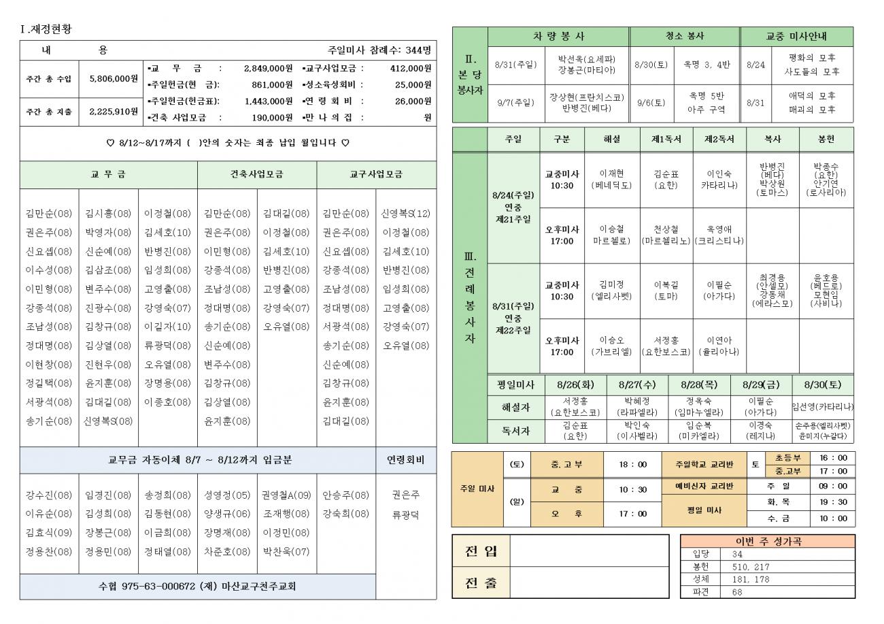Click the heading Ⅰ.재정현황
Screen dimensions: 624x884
tap(47, 29)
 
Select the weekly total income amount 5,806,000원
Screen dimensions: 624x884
tap(114, 79)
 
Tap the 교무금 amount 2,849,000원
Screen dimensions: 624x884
tap(267, 68)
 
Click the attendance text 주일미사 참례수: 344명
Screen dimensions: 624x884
tap(379, 50)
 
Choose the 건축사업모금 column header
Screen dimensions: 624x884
tap(257, 175)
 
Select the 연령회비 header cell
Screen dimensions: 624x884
tap(406, 460)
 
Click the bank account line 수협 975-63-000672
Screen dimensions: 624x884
tap(197, 587)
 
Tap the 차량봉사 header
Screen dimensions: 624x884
tap(558, 36)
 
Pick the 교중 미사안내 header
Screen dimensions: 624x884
tap(796, 36)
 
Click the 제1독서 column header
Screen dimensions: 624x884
tap(666, 139)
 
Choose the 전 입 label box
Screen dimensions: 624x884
tap(480, 551)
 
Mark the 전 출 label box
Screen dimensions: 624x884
tap(480, 582)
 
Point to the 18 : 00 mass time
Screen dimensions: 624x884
tap(632, 465)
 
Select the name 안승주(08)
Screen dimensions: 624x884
tap(345, 495)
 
